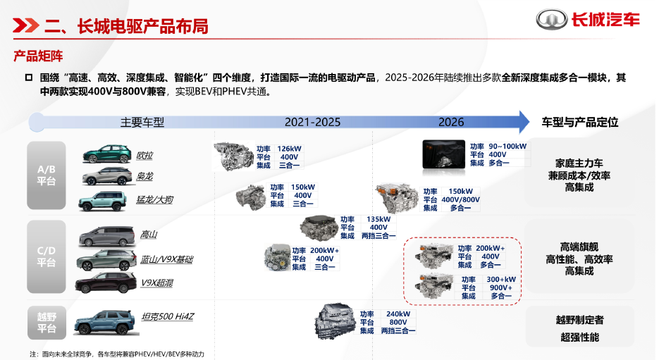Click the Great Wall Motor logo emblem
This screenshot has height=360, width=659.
(x=552, y=19)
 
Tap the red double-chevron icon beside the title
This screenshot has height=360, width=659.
(x=26, y=25)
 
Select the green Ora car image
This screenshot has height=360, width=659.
(x=107, y=154)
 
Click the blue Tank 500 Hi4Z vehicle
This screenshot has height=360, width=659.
(x=106, y=322)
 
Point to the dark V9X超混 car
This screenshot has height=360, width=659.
(x=106, y=283)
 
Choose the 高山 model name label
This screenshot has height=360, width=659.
(x=148, y=235)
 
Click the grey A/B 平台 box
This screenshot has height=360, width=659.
(x=47, y=175)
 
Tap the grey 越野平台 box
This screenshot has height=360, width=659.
(x=47, y=323)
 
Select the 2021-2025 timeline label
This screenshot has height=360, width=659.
(x=312, y=123)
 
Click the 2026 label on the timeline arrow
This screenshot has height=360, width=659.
(x=451, y=123)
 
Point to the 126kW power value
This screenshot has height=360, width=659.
(x=289, y=149)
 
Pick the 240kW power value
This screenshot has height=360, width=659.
(x=398, y=314)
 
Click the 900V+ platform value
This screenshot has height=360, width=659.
(x=501, y=287)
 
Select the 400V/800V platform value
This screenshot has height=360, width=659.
(x=460, y=199)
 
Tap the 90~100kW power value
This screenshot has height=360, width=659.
(x=507, y=147)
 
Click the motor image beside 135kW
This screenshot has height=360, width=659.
(x=319, y=228)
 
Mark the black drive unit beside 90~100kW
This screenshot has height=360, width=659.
(x=443, y=154)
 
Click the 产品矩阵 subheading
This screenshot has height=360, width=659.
(x=38, y=56)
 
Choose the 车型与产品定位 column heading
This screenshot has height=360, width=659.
(x=579, y=123)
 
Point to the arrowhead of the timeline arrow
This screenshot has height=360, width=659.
(x=529, y=122)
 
